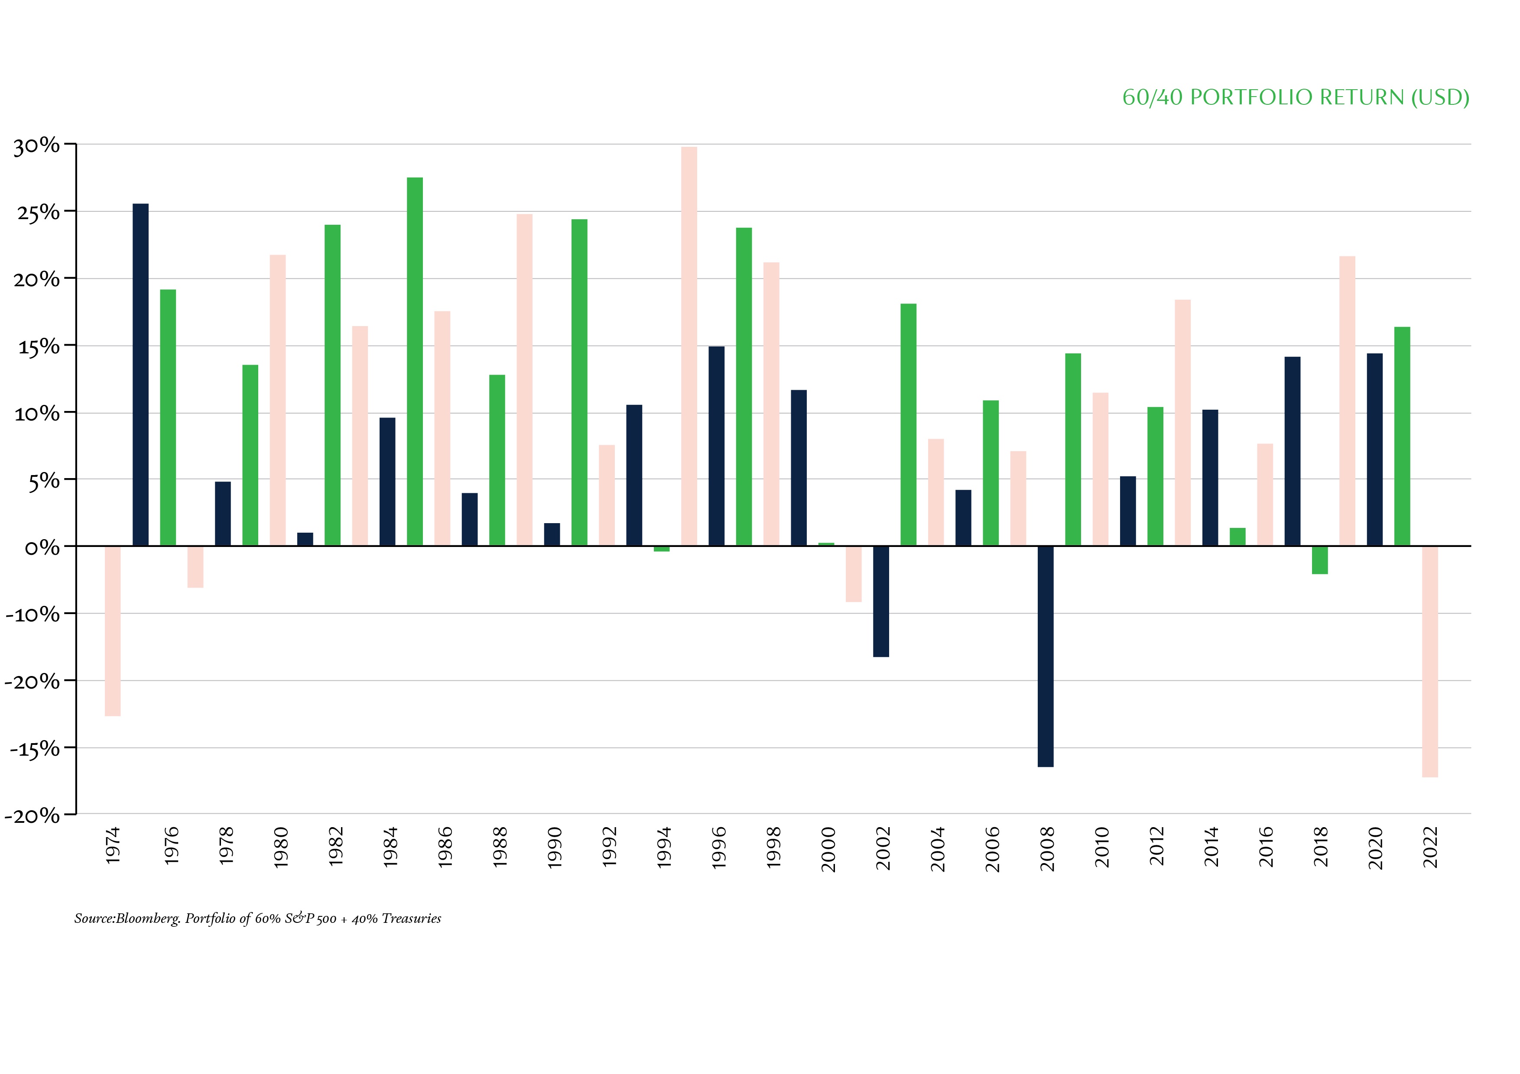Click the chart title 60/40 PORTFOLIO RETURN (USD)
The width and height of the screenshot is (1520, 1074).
(1296, 97)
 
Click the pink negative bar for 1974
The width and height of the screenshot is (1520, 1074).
(113, 630)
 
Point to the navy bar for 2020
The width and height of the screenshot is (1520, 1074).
(1374, 450)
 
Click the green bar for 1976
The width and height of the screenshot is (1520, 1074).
(168, 417)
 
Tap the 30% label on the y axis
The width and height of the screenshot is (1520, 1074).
(36, 146)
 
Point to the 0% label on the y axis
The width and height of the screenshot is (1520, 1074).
(42, 548)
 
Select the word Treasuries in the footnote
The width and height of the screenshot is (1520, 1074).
(411, 919)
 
